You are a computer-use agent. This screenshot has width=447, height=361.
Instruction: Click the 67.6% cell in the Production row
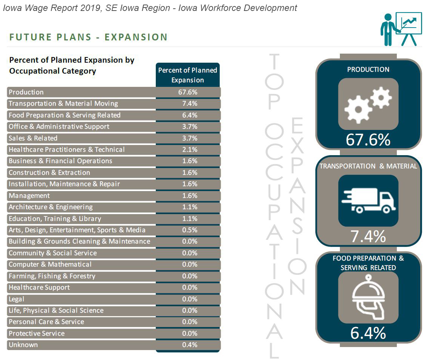(187, 92)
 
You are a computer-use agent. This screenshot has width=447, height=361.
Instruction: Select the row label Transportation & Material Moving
(63, 103)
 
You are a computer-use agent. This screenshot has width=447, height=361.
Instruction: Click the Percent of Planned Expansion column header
(187, 75)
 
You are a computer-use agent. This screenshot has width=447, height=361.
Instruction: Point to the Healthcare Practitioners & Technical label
(67, 150)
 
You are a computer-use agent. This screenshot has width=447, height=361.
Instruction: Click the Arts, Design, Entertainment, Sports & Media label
(77, 230)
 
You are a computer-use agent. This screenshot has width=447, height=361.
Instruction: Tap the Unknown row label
(23, 345)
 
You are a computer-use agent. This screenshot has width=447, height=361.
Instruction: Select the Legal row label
(17, 299)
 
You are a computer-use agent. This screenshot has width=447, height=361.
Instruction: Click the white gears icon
(368, 104)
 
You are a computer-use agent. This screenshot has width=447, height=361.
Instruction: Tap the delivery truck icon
(368, 201)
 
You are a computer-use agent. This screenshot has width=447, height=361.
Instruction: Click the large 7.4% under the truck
(368, 237)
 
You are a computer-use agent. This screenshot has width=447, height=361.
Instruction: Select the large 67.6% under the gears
(368, 140)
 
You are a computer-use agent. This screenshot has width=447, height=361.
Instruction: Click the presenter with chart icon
(401, 29)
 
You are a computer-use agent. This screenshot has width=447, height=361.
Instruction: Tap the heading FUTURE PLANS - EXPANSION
(88, 37)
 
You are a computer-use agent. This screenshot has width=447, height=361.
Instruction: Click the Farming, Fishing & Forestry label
(52, 276)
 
